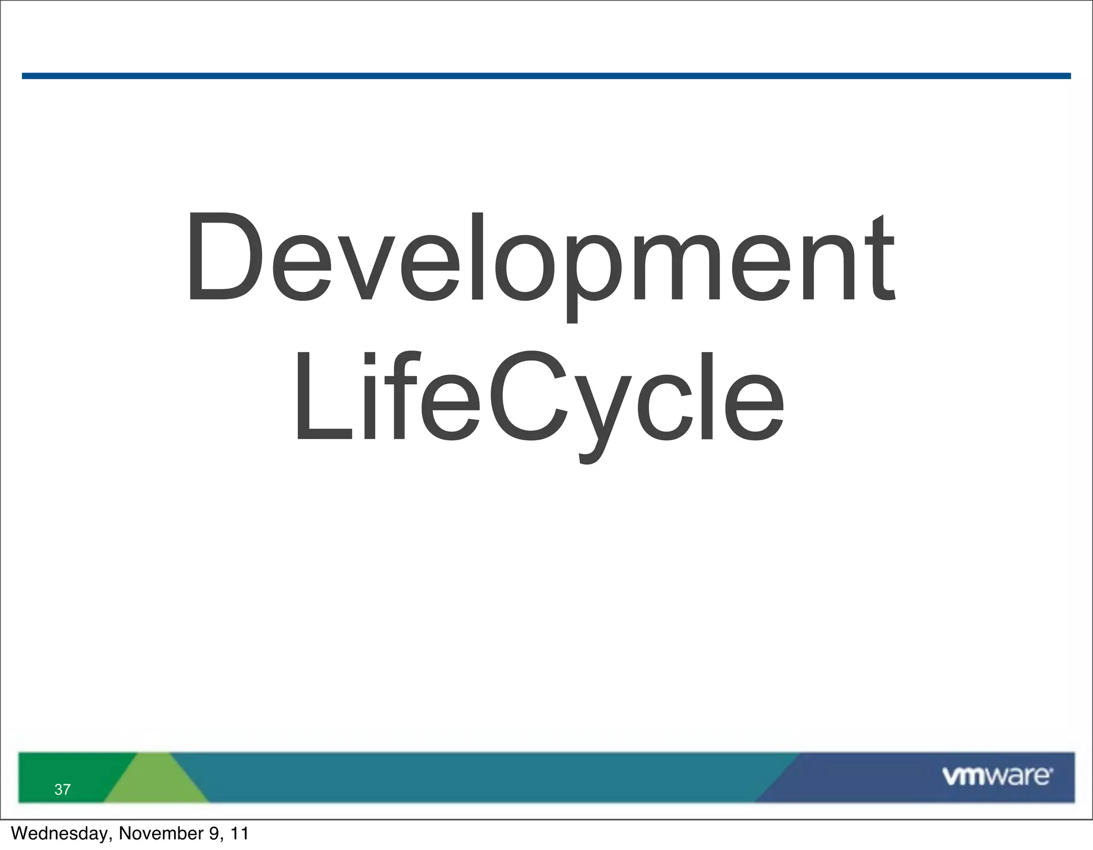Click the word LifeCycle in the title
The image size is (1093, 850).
(x=539, y=398)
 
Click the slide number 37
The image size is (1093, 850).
(x=62, y=790)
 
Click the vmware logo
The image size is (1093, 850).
(x=997, y=776)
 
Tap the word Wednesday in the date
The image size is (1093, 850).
(x=60, y=833)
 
